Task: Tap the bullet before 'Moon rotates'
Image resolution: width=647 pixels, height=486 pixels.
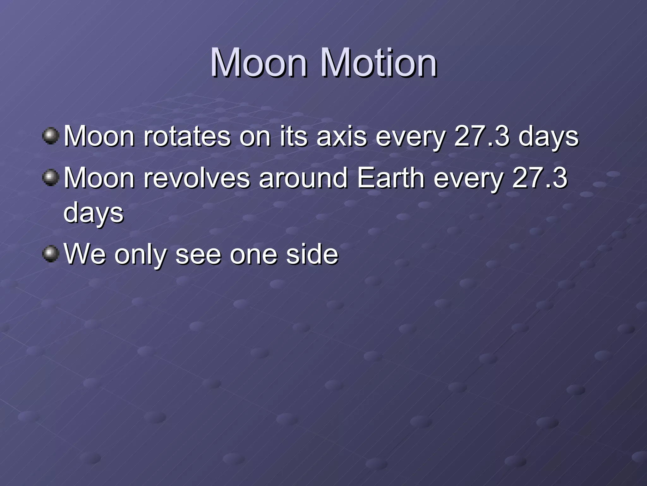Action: click(51, 136)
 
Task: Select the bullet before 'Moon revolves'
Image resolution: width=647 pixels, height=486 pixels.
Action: click(51, 178)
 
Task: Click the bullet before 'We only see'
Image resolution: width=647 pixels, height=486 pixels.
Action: click(51, 254)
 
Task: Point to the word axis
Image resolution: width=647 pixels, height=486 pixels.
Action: click(342, 137)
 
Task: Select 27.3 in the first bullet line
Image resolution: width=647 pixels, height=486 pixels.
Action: click(481, 137)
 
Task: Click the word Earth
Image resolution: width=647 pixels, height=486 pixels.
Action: click(390, 178)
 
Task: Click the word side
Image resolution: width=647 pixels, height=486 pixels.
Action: click(312, 254)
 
